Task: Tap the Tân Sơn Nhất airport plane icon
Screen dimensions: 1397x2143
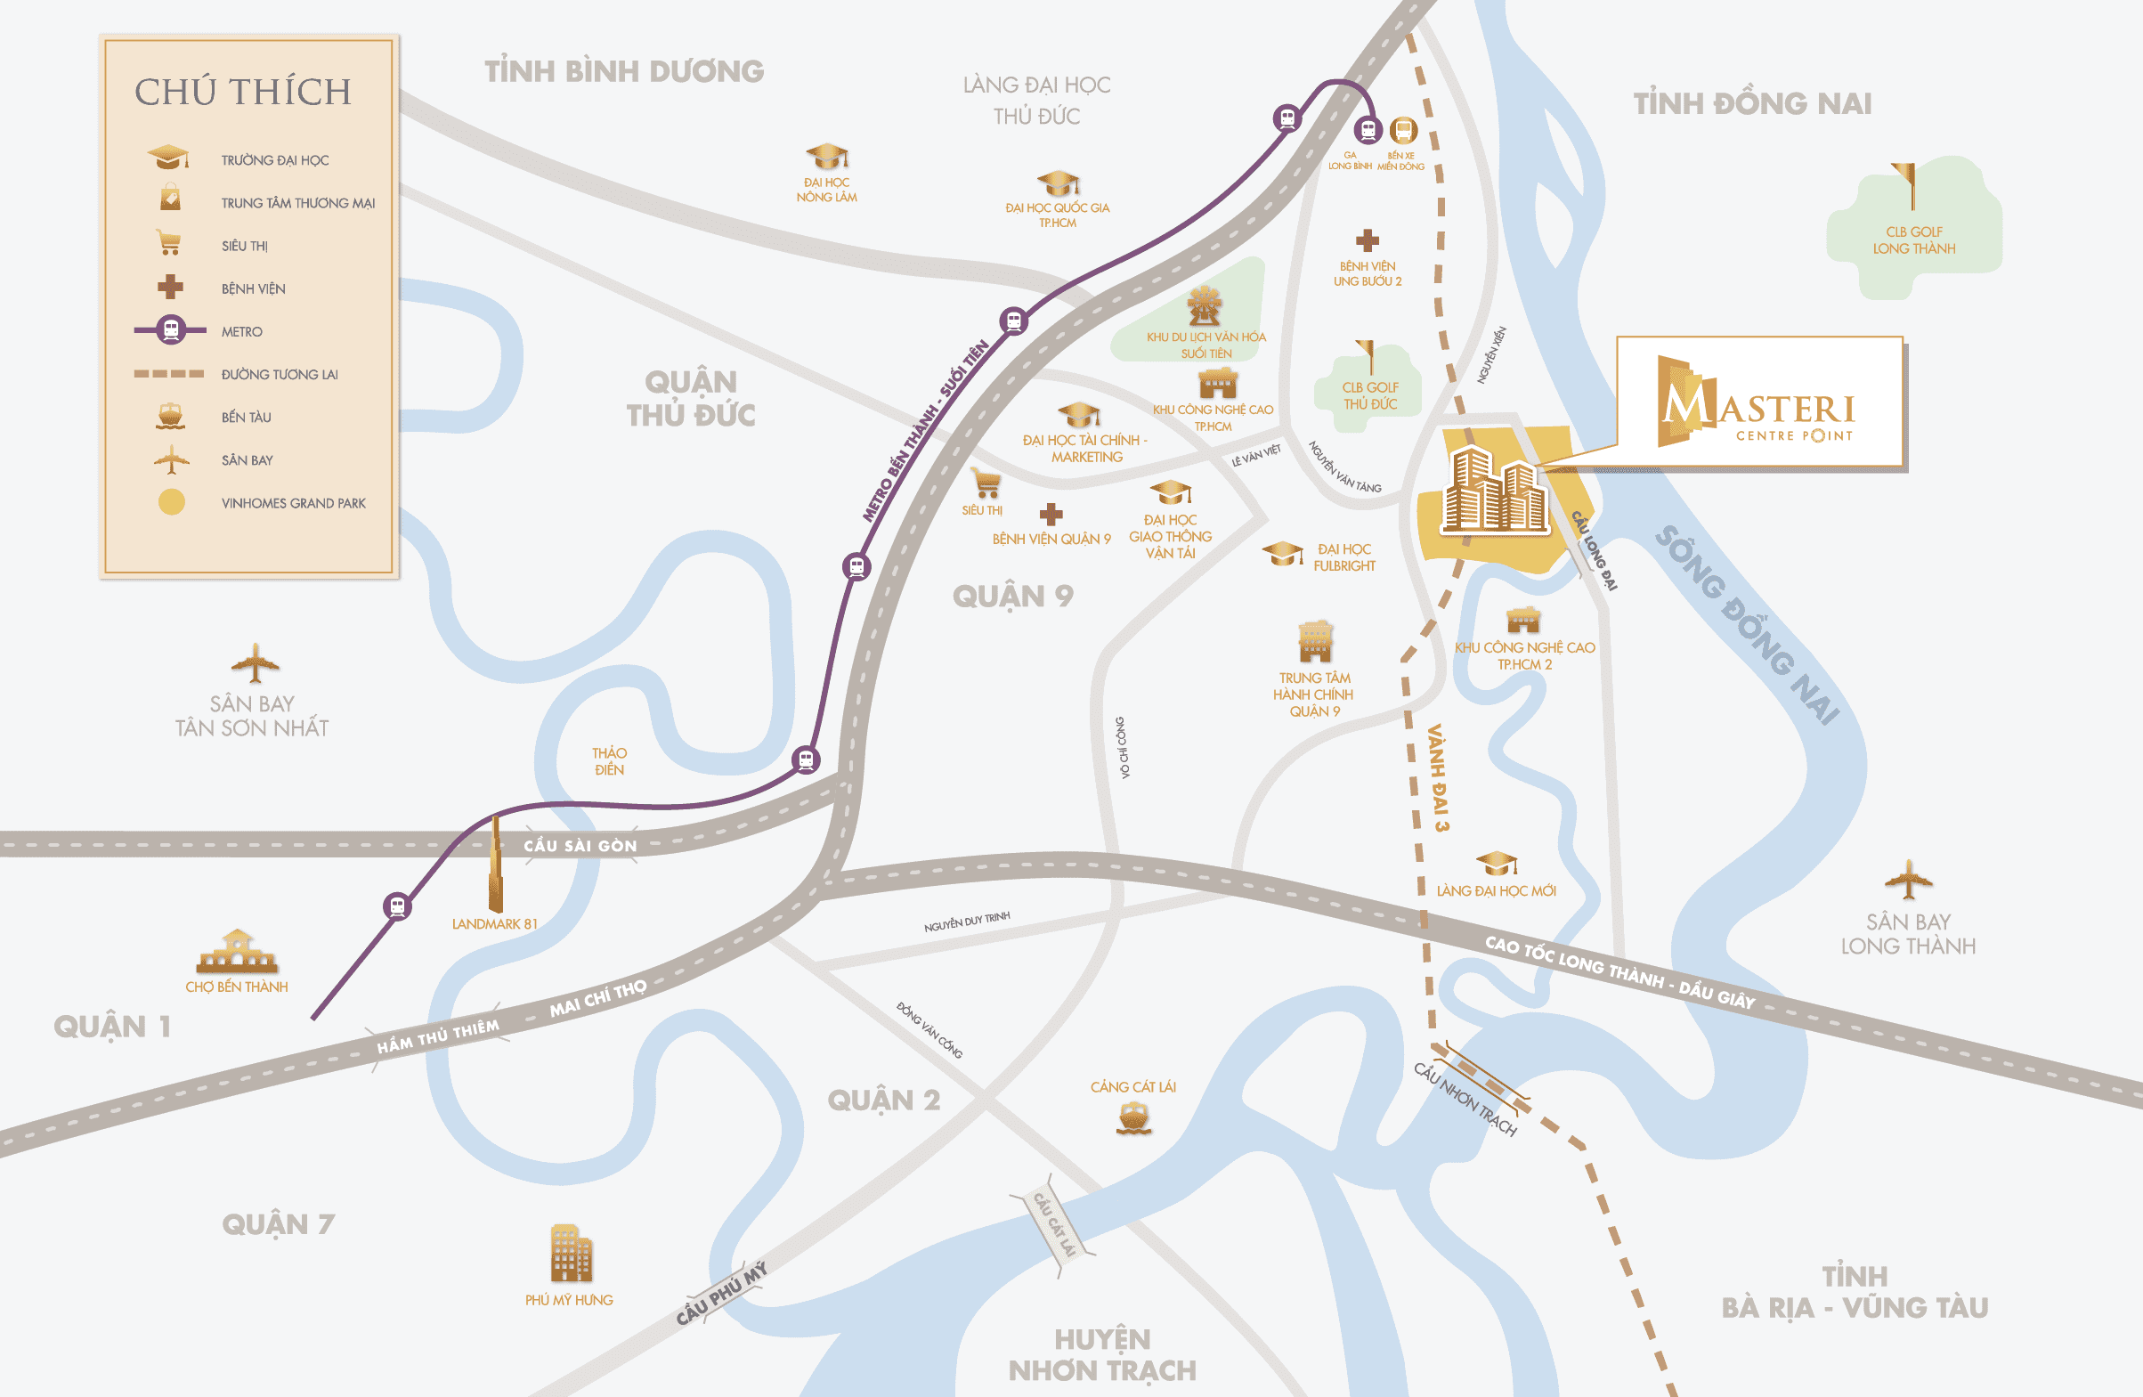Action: click(255, 665)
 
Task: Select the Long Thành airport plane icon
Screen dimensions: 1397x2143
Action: click(1908, 880)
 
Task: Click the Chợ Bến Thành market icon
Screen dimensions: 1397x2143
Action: click(237, 952)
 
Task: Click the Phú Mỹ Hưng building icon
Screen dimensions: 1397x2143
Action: click(571, 1253)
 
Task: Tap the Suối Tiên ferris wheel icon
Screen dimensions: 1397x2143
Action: click(1204, 306)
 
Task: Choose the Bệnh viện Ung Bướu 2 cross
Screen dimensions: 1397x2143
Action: click(1367, 240)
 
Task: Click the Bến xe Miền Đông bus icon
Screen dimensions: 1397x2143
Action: click(1403, 131)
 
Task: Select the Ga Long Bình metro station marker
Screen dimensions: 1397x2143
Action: click(1368, 131)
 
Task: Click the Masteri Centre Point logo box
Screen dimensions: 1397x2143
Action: click(1759, 402)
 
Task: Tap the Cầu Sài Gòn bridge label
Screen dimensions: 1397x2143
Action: click(580, 846)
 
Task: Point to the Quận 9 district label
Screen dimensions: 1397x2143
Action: click(1012, 597)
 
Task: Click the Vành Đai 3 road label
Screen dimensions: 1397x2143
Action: click(1438, 777)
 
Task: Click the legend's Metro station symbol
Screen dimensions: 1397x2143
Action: click(171, 330)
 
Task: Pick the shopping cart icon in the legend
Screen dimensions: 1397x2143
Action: click(168, 243)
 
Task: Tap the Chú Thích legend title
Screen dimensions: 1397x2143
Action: click(243, 92)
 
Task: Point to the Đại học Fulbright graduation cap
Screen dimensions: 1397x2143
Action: click(1282, 553)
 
